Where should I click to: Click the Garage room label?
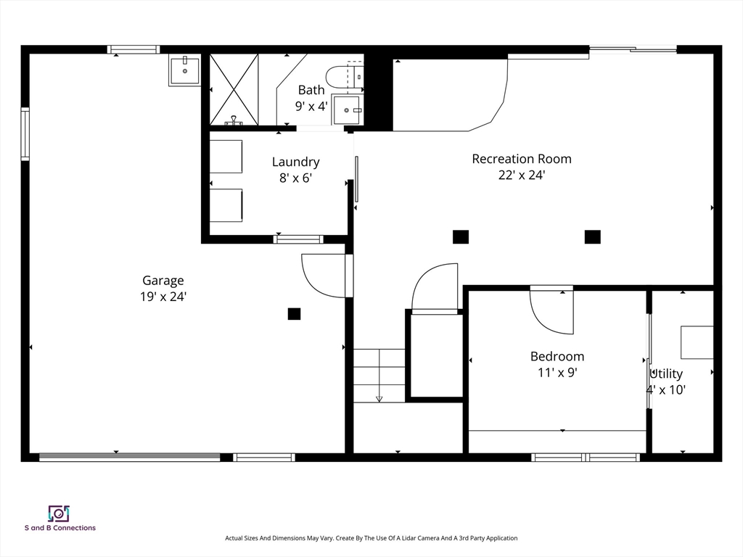click(163, 281)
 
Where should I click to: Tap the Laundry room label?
click(296, 162)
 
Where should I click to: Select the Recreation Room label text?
click(522, 159)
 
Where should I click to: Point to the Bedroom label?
click(557, 356)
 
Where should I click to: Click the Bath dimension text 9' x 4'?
click(311, 106)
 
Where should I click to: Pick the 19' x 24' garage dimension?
click(163, 297)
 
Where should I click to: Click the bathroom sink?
click(347, 110)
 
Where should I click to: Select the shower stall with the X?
click(234, 89)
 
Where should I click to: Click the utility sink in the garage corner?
click(185, 70)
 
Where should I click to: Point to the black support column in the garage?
click(295, 313)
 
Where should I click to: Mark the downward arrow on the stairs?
click(379, 399)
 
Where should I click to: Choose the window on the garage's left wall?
click(25, 134)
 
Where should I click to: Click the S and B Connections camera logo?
click(59, 514)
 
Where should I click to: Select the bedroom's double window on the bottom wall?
click(586, 458)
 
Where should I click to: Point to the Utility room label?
click(666, 374)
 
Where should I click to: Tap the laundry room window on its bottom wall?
click(298, 239)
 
